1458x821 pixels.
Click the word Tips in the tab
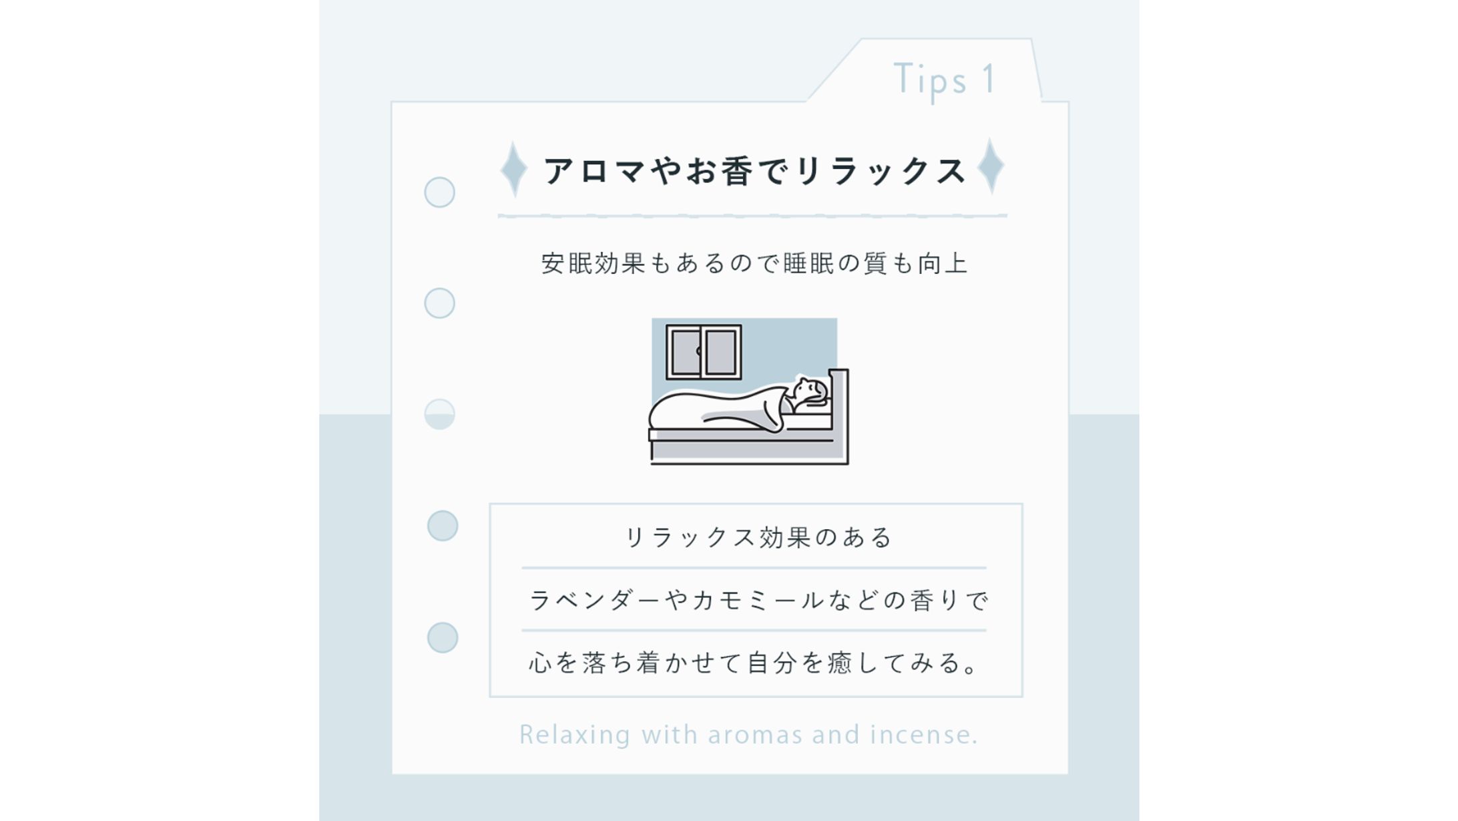(930, 79)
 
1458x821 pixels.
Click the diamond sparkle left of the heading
(514, 169)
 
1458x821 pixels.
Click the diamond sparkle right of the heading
(991, 166)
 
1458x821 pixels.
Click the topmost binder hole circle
(439, 192)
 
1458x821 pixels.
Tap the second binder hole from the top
(439, 303)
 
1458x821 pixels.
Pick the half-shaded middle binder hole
(439, 414)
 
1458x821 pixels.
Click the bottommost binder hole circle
(442, 637)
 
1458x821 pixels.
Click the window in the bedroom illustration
(704, 352)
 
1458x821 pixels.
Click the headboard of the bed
(839, 414)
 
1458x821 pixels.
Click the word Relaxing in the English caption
(575, 735)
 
